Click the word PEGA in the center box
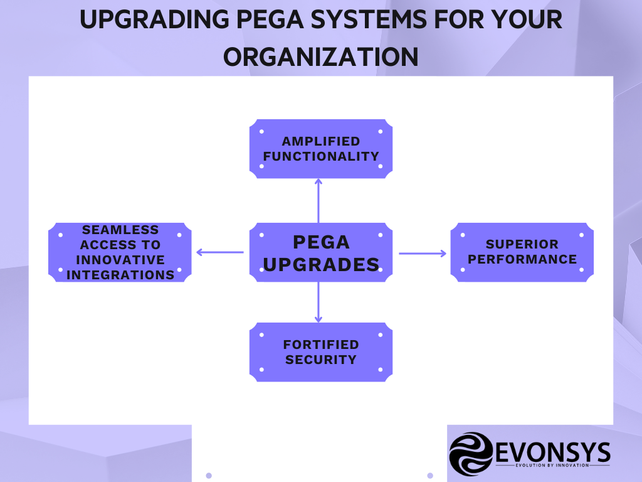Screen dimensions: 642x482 click(321, 242)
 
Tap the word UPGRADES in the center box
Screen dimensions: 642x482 click(321, 264)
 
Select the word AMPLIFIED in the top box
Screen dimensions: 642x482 click(321, 141)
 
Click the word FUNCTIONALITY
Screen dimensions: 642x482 click(321, 156)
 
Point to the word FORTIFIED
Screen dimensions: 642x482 click(321, 345)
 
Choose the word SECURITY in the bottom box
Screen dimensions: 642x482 click(321, 360)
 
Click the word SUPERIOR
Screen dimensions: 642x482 click(522, 244)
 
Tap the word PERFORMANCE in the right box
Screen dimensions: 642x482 click(522, 259)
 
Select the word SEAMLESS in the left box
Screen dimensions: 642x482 click(120, 230)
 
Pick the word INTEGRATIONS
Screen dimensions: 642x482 click(120, 275)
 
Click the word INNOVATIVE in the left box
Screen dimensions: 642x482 click(120, 260)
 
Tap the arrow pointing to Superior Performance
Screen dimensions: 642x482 click(423, 254)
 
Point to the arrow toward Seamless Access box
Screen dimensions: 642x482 click(219, 252)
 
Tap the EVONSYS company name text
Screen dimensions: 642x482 click(551, 451)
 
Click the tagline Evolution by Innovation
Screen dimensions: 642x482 click(552, 466)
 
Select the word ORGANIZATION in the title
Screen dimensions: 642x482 click(321, 56)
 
